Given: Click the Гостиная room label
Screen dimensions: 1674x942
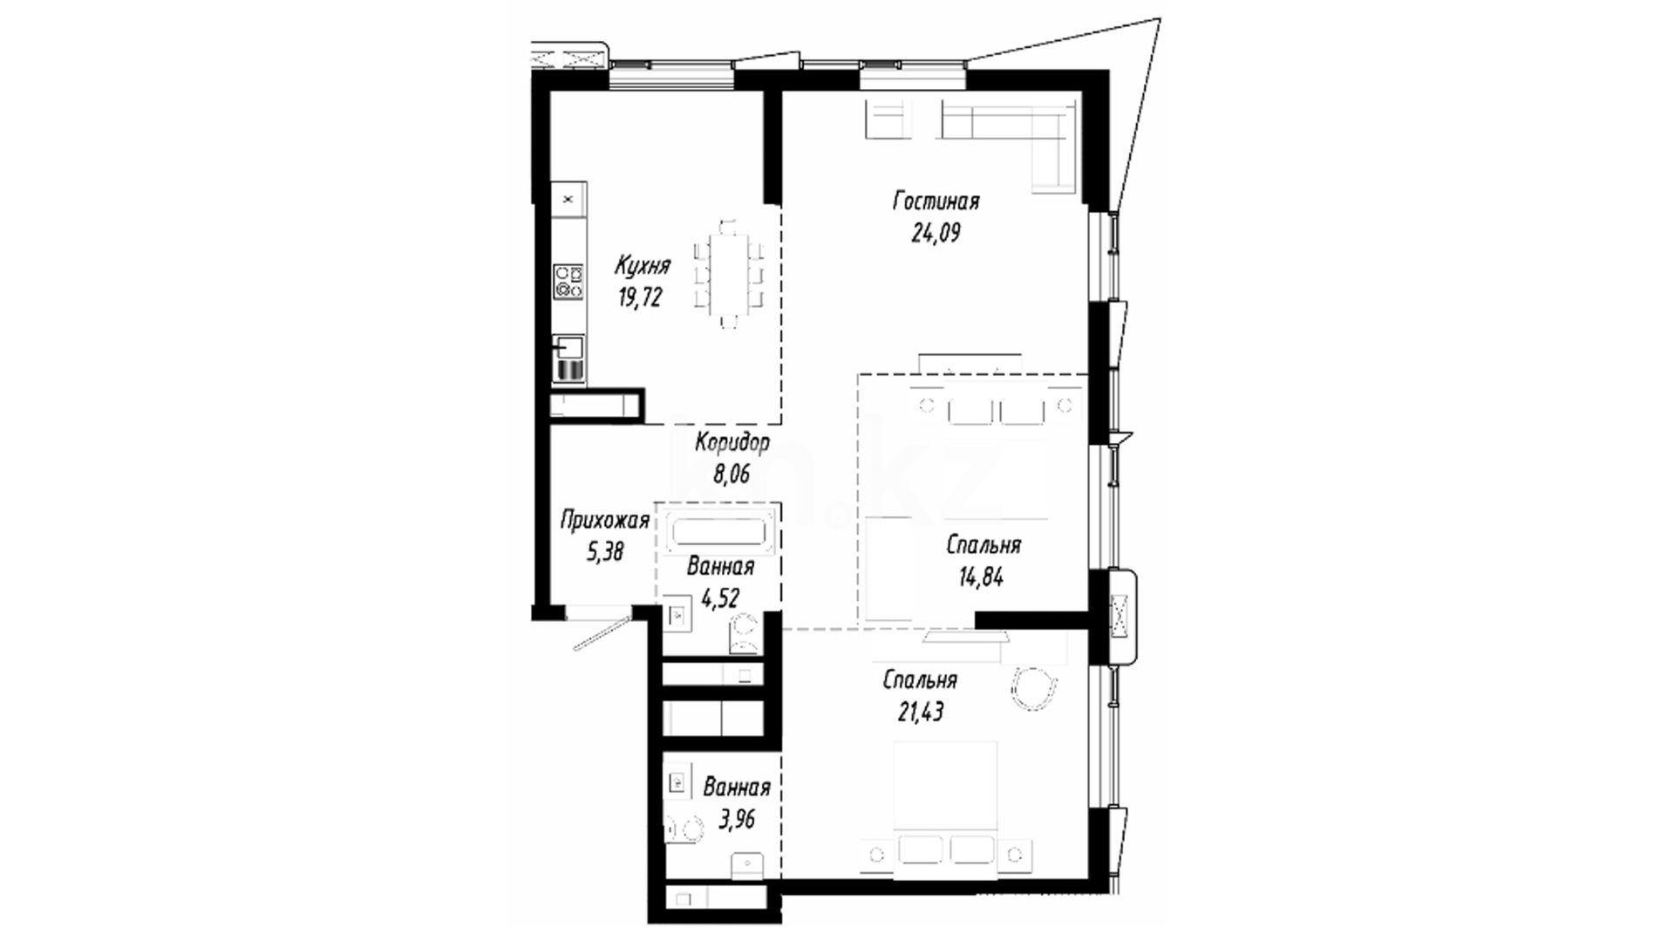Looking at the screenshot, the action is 936,201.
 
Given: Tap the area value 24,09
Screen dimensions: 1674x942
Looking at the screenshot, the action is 936,234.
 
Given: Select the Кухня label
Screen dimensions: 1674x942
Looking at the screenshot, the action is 642,264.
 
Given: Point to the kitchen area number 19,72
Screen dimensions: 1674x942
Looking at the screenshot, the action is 641,297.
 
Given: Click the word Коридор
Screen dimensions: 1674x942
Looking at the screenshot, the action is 732,442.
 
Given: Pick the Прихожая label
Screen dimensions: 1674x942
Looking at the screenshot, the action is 604,521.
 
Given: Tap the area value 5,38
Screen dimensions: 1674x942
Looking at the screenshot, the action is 605,551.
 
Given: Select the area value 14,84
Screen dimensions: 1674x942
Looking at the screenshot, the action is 979,577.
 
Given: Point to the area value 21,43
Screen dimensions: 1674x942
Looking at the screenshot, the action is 921,712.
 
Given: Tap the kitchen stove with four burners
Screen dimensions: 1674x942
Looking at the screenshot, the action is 568,282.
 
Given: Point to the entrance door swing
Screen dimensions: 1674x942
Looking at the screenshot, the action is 602,632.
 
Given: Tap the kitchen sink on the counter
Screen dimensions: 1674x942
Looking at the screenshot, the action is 568,348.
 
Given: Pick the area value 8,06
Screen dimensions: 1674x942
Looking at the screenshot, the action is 732,474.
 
